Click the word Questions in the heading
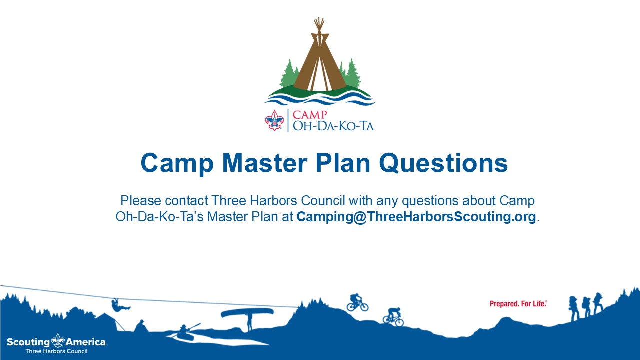click(x=443, y=163)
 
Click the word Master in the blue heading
click(x=264, y=163)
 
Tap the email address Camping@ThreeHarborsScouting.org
click(x=416, y=217)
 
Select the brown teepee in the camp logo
click(x=320, y=55)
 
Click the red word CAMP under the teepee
click(x=310, y=115)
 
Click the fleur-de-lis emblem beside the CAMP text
click(x=274, y=120)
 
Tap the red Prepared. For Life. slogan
click(x=518, y=304)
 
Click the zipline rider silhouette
click(x=120, y=305)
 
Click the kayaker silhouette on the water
click(x=185, y=332)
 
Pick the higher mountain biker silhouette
click(x=357, y=303)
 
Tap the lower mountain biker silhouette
click(x=393, y=317)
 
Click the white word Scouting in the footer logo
click(x=28, y=342)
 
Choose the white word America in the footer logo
click(x=86, y=342)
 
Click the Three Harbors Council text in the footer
click(x=56, y=351)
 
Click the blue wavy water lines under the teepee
click(x=320, y=99)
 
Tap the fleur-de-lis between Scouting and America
click(x=58, y=341)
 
